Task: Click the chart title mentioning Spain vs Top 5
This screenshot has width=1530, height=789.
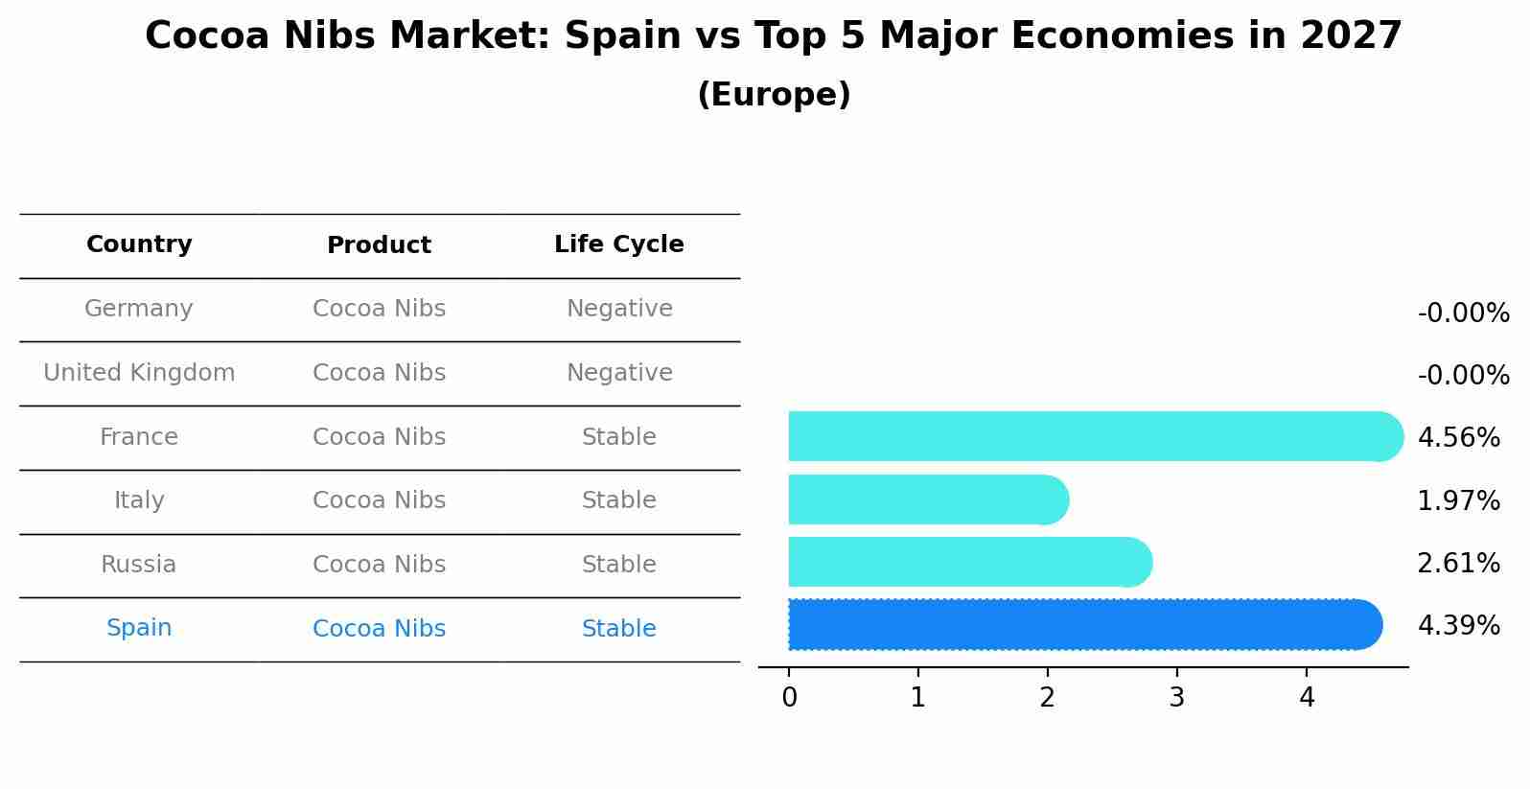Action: [x=773, y=36]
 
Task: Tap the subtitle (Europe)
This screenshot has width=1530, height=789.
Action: [x=773, y=95]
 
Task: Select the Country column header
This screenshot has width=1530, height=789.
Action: [x=139, y=244]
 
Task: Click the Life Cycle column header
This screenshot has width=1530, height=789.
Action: [x=618, y=244]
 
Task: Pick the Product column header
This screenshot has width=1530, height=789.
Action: [x=379, y=245]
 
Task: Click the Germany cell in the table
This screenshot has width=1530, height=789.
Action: [x=139, y=309]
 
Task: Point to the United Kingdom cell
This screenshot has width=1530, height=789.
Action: [x=139, y=373]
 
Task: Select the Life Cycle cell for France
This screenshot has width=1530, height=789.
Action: [x=618, y=437]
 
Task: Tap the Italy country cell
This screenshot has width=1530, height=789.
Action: [x=139, y=500]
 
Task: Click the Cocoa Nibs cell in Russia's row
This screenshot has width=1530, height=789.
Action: [x=379, y=565]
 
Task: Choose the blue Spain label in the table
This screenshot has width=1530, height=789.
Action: [x=139, y=628]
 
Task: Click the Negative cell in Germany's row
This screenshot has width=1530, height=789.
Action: [x=618, y=309]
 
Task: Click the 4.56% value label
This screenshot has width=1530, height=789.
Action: [x=1458, y=438]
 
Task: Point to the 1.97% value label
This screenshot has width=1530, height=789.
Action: [x=1458, y=500]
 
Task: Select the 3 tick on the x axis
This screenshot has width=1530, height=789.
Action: [x=1176, y=698]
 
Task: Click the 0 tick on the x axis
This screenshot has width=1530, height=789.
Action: [x=789, y=698]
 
